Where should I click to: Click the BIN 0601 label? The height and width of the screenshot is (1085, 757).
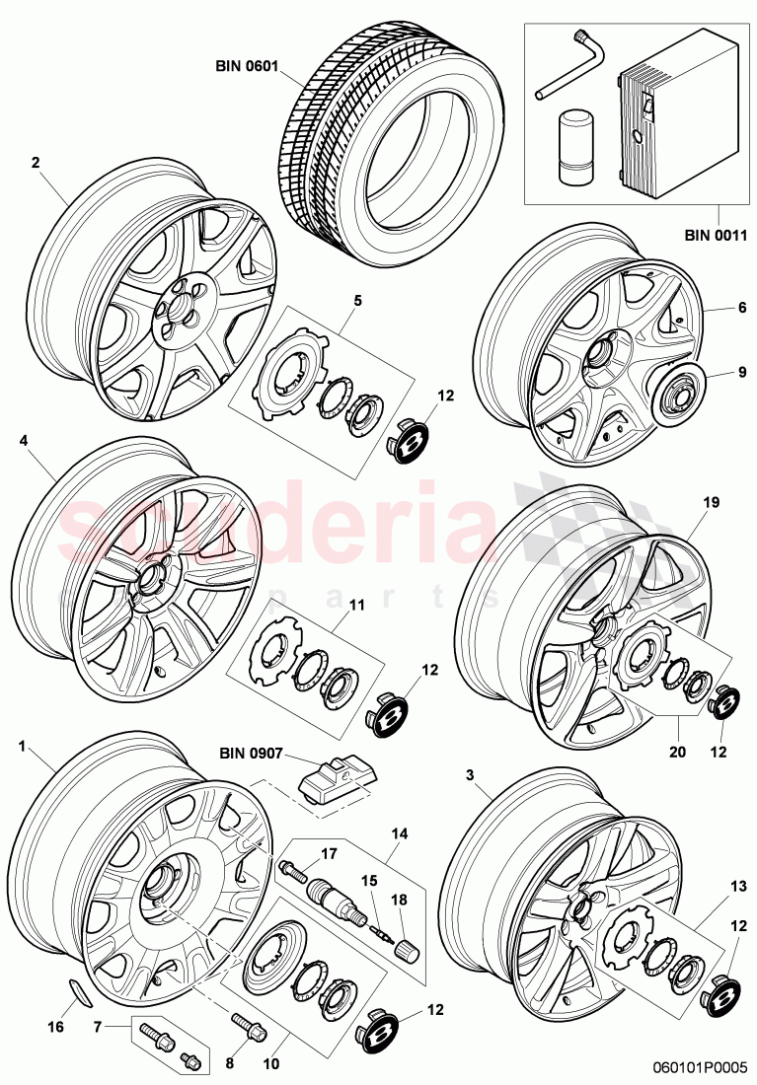[247, 67]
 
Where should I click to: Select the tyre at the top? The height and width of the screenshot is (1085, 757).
[395, 148]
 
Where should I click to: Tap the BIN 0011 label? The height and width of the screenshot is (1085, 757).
[718, 235]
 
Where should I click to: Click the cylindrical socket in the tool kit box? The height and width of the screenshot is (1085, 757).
[573, 145]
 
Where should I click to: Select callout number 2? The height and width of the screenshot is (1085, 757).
[36, 164]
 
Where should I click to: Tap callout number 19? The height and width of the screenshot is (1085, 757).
[711, 502]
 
